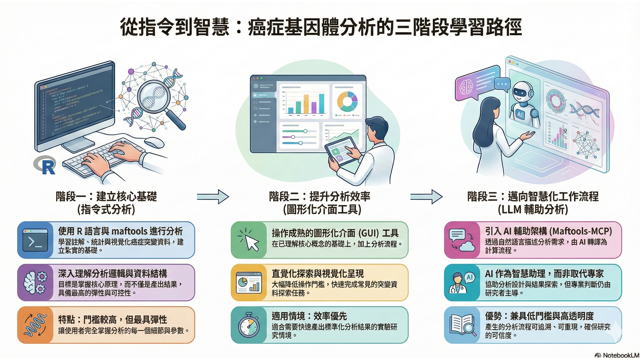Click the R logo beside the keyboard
pyautogui.click(x=45, y=165)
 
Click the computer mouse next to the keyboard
pyautogui.click(x=154, y=142)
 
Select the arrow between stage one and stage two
pyautogui.click(x=213, y=196)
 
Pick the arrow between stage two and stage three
pyautogui.click(x=426, y=196)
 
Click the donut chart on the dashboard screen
pyautogui.click(x=347, y=101)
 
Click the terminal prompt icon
pyautogui.click(x=35, y=240)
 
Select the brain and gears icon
pyautogui.click(x=35, y=283)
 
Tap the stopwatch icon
pyautogui.click(x=249, y=325)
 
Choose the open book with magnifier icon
pyautogui.click(x=462, y=325)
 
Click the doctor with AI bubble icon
pyautogui.click(x=462, y=283)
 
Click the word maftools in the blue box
pyautogui.click(x=129, y=231)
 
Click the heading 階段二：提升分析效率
pyautogui.click(x=319, y=196)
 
